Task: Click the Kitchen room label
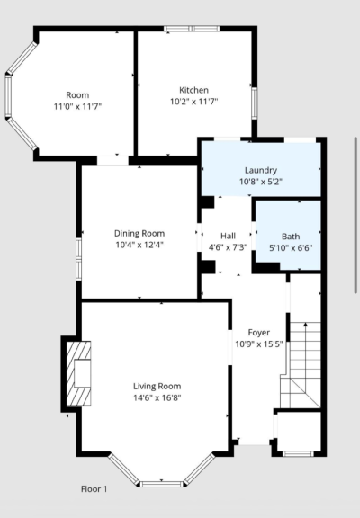point(193,90)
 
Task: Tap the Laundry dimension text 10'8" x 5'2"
point(261,182)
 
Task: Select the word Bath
point(291,237)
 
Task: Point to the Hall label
point(228,236)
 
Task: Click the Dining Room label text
point(139,233)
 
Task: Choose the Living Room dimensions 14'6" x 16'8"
point(157,397)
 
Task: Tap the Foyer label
point(259,333)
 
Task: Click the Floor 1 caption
point(94,489)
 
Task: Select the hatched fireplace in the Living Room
point(78,373)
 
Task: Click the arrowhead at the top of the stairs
point(305,325)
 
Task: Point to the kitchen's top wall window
point(192,29)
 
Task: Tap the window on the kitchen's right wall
point(255,103)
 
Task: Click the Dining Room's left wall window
point(78,259)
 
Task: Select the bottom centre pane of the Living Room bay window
point(162,485)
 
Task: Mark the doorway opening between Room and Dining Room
point(112,161)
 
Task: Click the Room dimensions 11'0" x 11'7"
point(77,106)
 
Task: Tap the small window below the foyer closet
point(298,453)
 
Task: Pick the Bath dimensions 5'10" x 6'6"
point(291,248)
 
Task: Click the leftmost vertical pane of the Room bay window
point(8,96)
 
